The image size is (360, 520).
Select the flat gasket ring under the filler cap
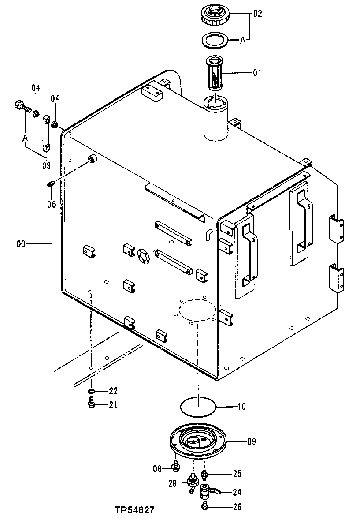coord(215,41)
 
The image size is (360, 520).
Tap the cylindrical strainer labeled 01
coord(216,75)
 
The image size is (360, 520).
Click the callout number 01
coord(257,72)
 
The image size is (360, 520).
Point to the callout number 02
coord(257,14)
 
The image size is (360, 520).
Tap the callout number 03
coord(46,166)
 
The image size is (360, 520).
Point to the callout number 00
coord(22,243)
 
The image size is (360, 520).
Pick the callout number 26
coord(237,507)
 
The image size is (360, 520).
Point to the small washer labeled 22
coord(91,391)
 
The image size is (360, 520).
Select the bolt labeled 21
coord(91,403)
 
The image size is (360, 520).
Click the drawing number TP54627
coord(134,511)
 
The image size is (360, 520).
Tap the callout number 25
coord(237,475)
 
